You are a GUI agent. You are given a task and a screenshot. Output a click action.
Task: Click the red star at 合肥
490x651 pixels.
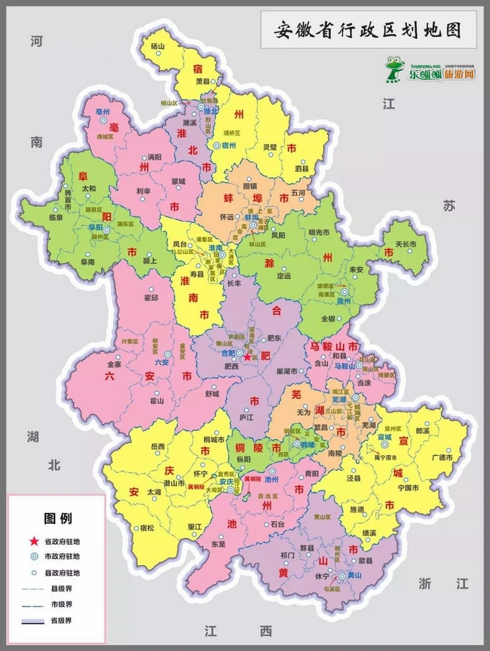[x=247, y=357]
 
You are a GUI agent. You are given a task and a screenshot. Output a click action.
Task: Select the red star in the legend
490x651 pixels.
[x=32, y=541]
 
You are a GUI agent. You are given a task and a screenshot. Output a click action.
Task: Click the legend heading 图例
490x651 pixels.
[x=57, y=518]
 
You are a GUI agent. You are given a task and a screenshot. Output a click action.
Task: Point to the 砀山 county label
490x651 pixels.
[x=157, y=47]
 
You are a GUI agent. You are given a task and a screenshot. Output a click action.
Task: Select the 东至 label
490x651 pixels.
[x=219, y=543]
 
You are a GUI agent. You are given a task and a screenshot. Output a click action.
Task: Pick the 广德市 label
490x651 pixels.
[x=441, y=457]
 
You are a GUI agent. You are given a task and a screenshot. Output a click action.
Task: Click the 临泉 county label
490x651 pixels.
[x=55, y=217]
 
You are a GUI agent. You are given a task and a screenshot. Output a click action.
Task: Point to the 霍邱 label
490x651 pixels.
[x=151, y=298]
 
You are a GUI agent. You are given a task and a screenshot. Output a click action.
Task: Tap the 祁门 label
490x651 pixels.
[x=287, y=555]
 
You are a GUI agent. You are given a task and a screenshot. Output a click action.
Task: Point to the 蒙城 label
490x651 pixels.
[x=178, y=181]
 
